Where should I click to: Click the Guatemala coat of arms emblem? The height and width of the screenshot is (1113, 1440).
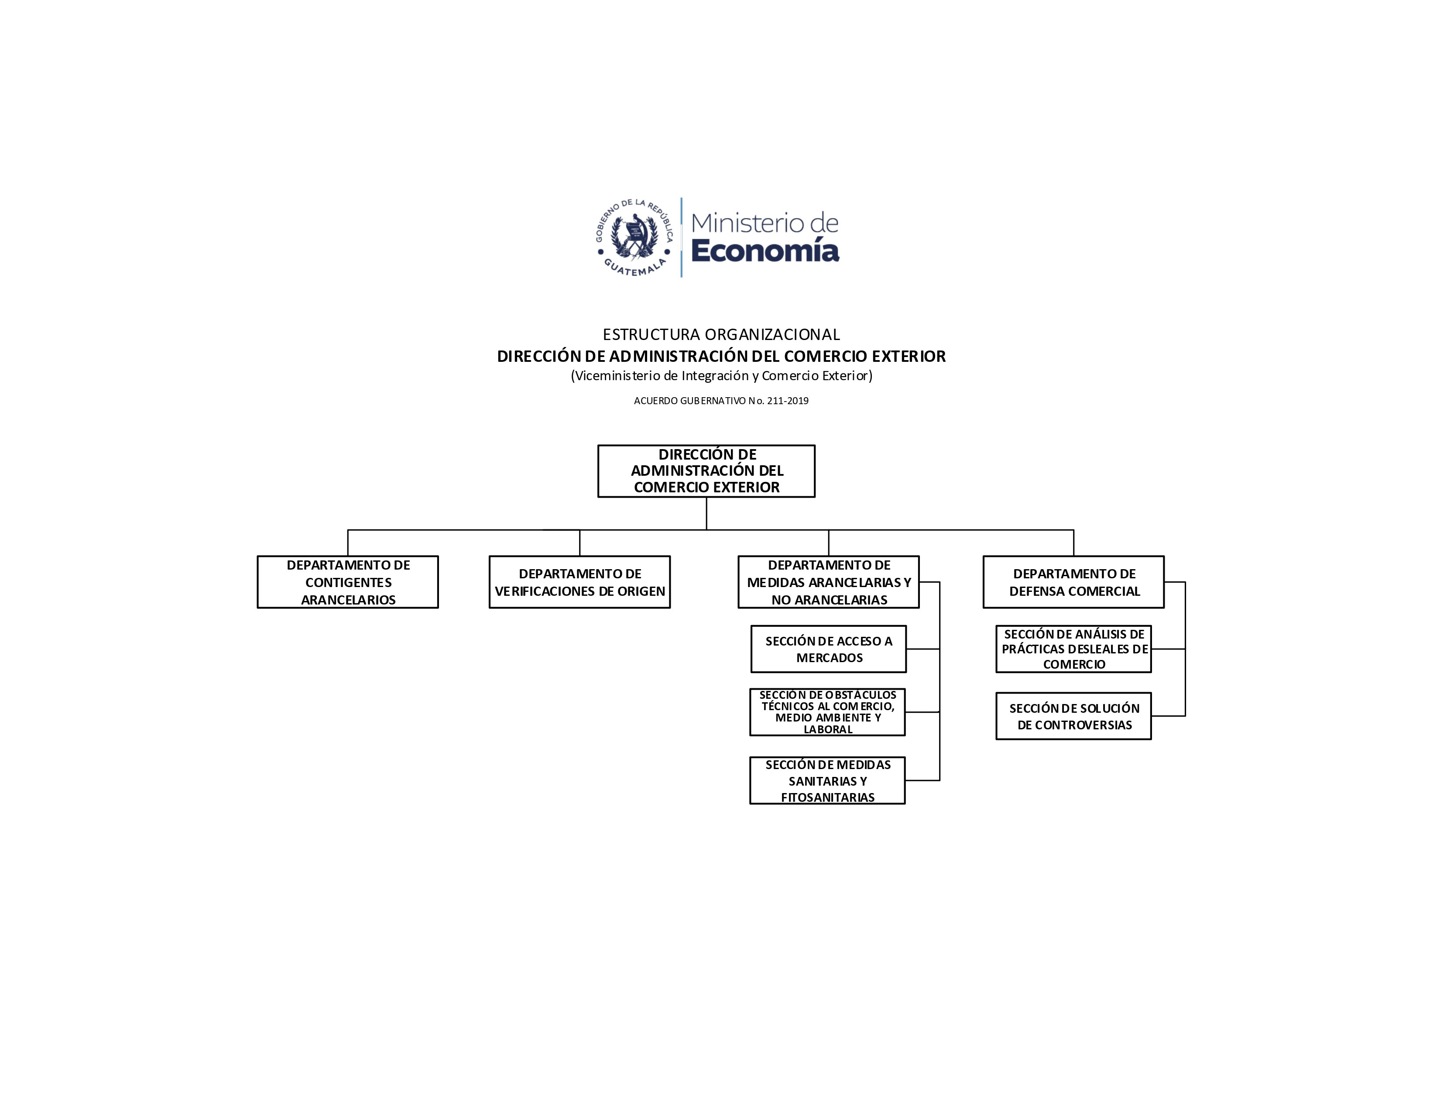coord(634,237)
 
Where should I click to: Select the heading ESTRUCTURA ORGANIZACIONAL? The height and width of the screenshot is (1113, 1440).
coord(721,334)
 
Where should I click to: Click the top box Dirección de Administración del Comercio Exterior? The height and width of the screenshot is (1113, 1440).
coord(706,471)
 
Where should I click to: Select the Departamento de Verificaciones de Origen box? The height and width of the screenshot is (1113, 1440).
coord(579,582)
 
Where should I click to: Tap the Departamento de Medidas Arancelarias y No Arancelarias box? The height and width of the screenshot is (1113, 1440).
coord(828,582)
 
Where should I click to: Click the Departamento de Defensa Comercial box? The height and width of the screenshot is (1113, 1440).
coord(1073,582)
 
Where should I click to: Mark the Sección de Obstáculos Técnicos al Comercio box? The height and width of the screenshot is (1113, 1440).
coord(827,712)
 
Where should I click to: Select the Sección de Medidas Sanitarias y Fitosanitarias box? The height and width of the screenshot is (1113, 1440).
coord(827,781)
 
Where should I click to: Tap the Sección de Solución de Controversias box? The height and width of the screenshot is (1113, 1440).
coord(1073,716)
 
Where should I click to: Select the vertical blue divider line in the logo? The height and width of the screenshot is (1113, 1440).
coord(681,237)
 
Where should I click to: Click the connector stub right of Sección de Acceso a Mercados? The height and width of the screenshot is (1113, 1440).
coord(923,649)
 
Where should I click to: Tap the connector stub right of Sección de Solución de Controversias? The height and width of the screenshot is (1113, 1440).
coord(1168,716)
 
